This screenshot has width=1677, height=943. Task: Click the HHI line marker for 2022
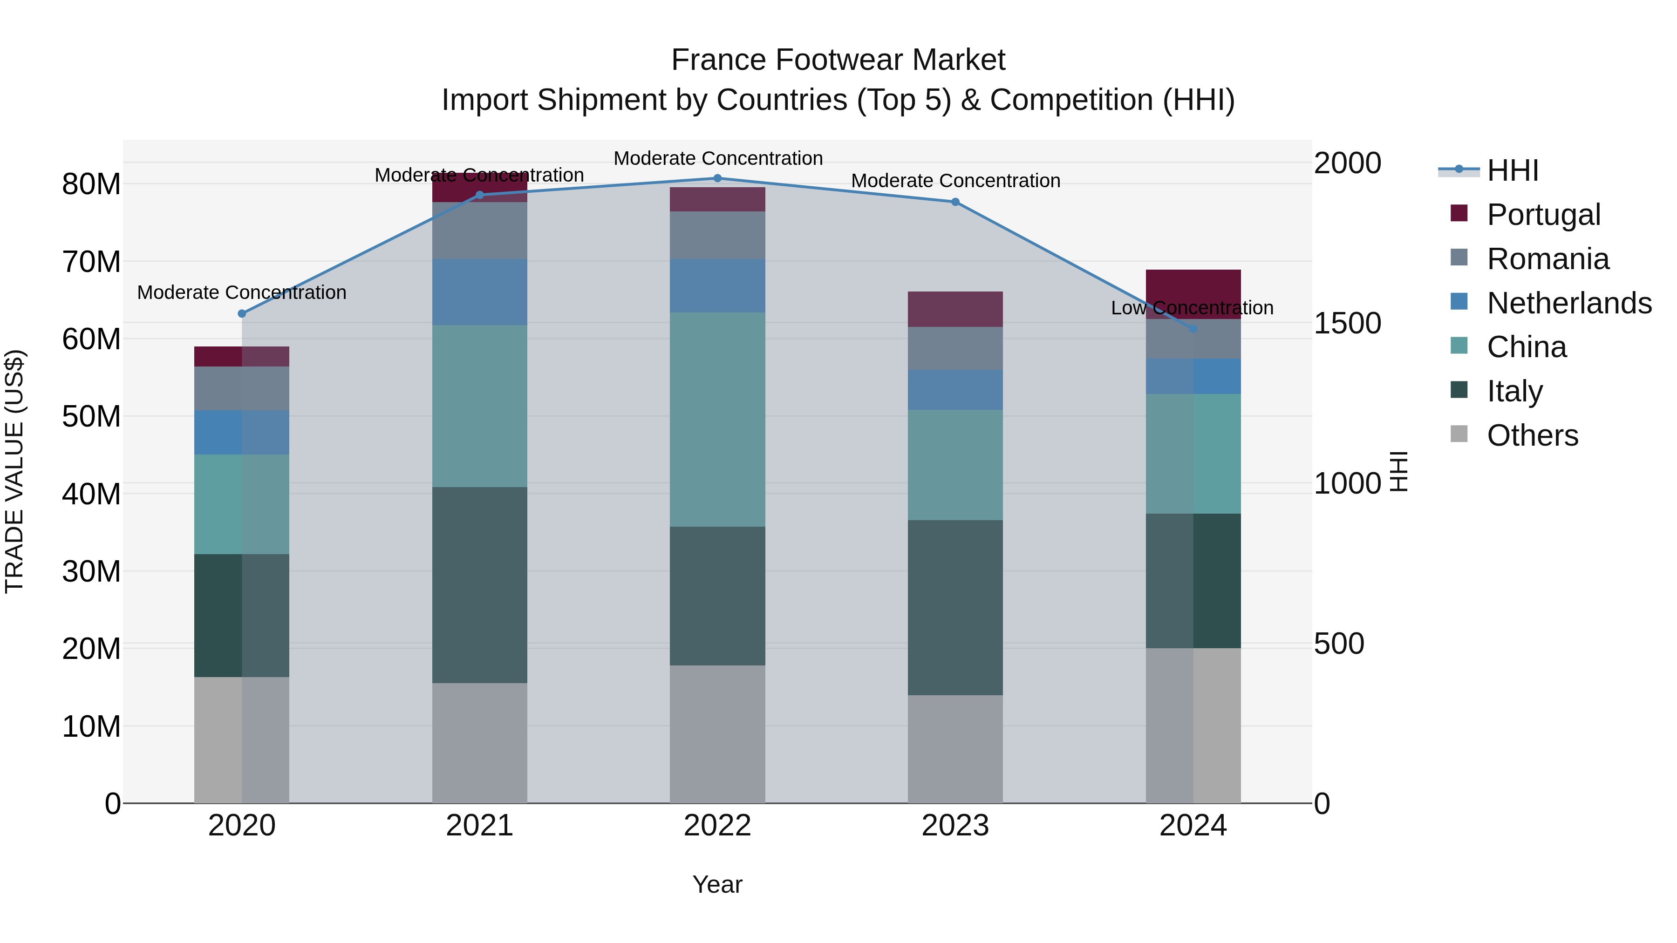coord(717,178)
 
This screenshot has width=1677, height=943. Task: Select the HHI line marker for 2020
coord(242,314)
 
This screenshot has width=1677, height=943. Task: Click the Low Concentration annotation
coord(1192,308)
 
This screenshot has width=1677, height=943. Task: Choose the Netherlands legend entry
coord(1569,303)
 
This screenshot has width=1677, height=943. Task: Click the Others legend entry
coord(1533,435)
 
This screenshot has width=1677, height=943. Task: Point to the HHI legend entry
coord(1512,170)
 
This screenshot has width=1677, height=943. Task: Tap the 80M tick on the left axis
coord(91,184)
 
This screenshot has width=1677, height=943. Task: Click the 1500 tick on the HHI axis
coord(1347,323)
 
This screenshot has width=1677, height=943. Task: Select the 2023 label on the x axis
coord(955,826)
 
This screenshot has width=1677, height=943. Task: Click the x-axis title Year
coord(717,884)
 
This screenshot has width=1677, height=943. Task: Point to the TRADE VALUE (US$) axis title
coord(14,471)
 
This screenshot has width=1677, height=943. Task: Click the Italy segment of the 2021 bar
coord(480,584)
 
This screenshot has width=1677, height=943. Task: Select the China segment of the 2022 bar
coord(717,419)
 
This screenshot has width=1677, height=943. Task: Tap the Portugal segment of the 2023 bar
coord(955,309)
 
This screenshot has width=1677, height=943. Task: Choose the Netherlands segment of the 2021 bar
coord(480,292)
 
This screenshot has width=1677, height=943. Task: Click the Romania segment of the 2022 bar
coord(717,235)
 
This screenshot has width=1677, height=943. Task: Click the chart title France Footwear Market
coord(838,60)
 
